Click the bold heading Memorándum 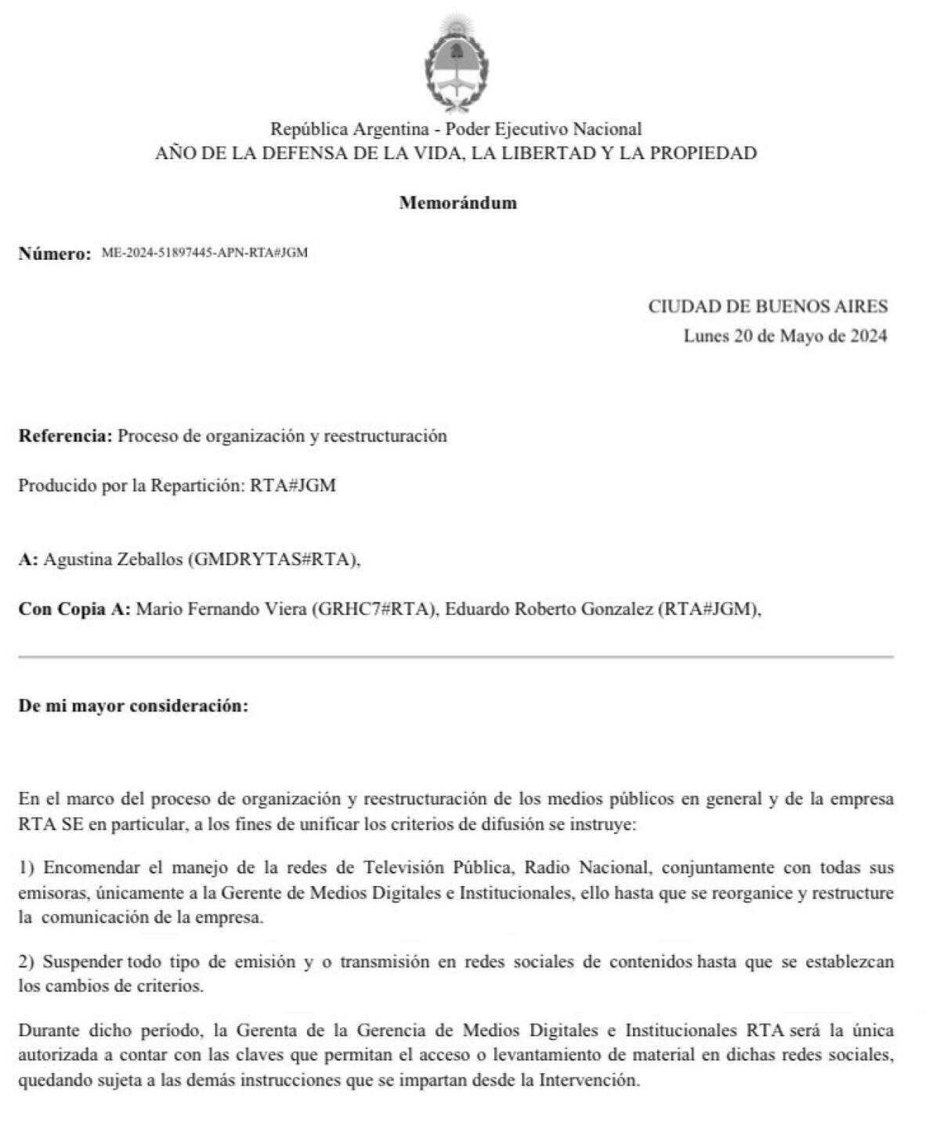click(x=457, y=203)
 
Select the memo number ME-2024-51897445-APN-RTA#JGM click(x=204, y=253)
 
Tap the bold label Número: click(x=55, y=254)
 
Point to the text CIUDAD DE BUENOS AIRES click(x=768, y=306)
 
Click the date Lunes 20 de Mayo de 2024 click(x=785, y=336)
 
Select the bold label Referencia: click(x=66, y=436)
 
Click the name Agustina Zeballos click(x=113, y=560)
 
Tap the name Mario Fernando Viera click(x=221, y=609)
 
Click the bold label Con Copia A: click(x=74, y=609)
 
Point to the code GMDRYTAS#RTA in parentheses click(x=273, y=560)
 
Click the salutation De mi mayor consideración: click(x=133, y=705)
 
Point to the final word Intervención click(x=587, y=1080)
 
